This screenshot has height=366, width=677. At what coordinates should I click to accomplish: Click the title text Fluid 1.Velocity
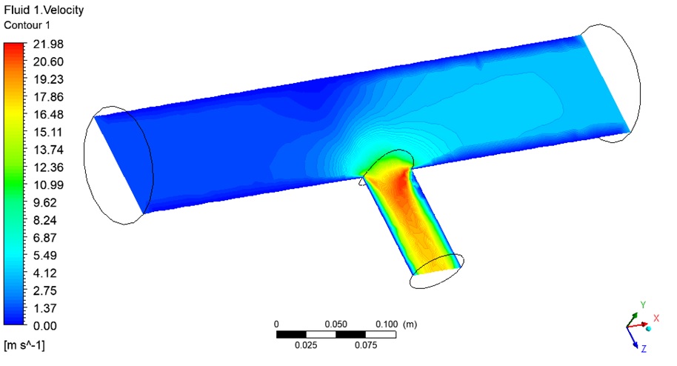coord(44,10)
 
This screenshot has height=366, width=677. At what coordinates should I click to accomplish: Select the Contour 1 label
coord(27,25)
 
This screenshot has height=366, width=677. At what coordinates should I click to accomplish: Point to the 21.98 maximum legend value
coord(48,44)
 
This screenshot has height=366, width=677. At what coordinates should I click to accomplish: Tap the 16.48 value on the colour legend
coord(48,115)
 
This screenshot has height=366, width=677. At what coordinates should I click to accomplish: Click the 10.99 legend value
coord(48,185)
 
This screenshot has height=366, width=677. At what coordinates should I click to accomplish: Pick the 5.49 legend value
coord(45,256)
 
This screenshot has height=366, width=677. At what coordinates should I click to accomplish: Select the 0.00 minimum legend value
coord(45,326)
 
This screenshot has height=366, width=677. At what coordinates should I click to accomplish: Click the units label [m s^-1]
coord(24,345)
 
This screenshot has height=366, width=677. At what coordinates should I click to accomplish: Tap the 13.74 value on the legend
coord(48,150)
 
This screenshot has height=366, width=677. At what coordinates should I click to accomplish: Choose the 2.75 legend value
coord(45,291)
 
